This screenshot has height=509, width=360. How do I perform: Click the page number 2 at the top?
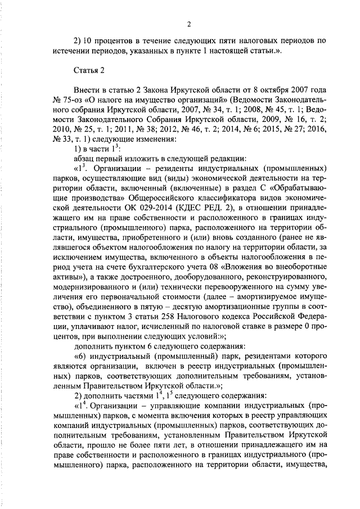pyautogui.click(x=190, y=24)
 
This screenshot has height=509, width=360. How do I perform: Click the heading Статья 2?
pyautogui.click(x=89, y=70)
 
